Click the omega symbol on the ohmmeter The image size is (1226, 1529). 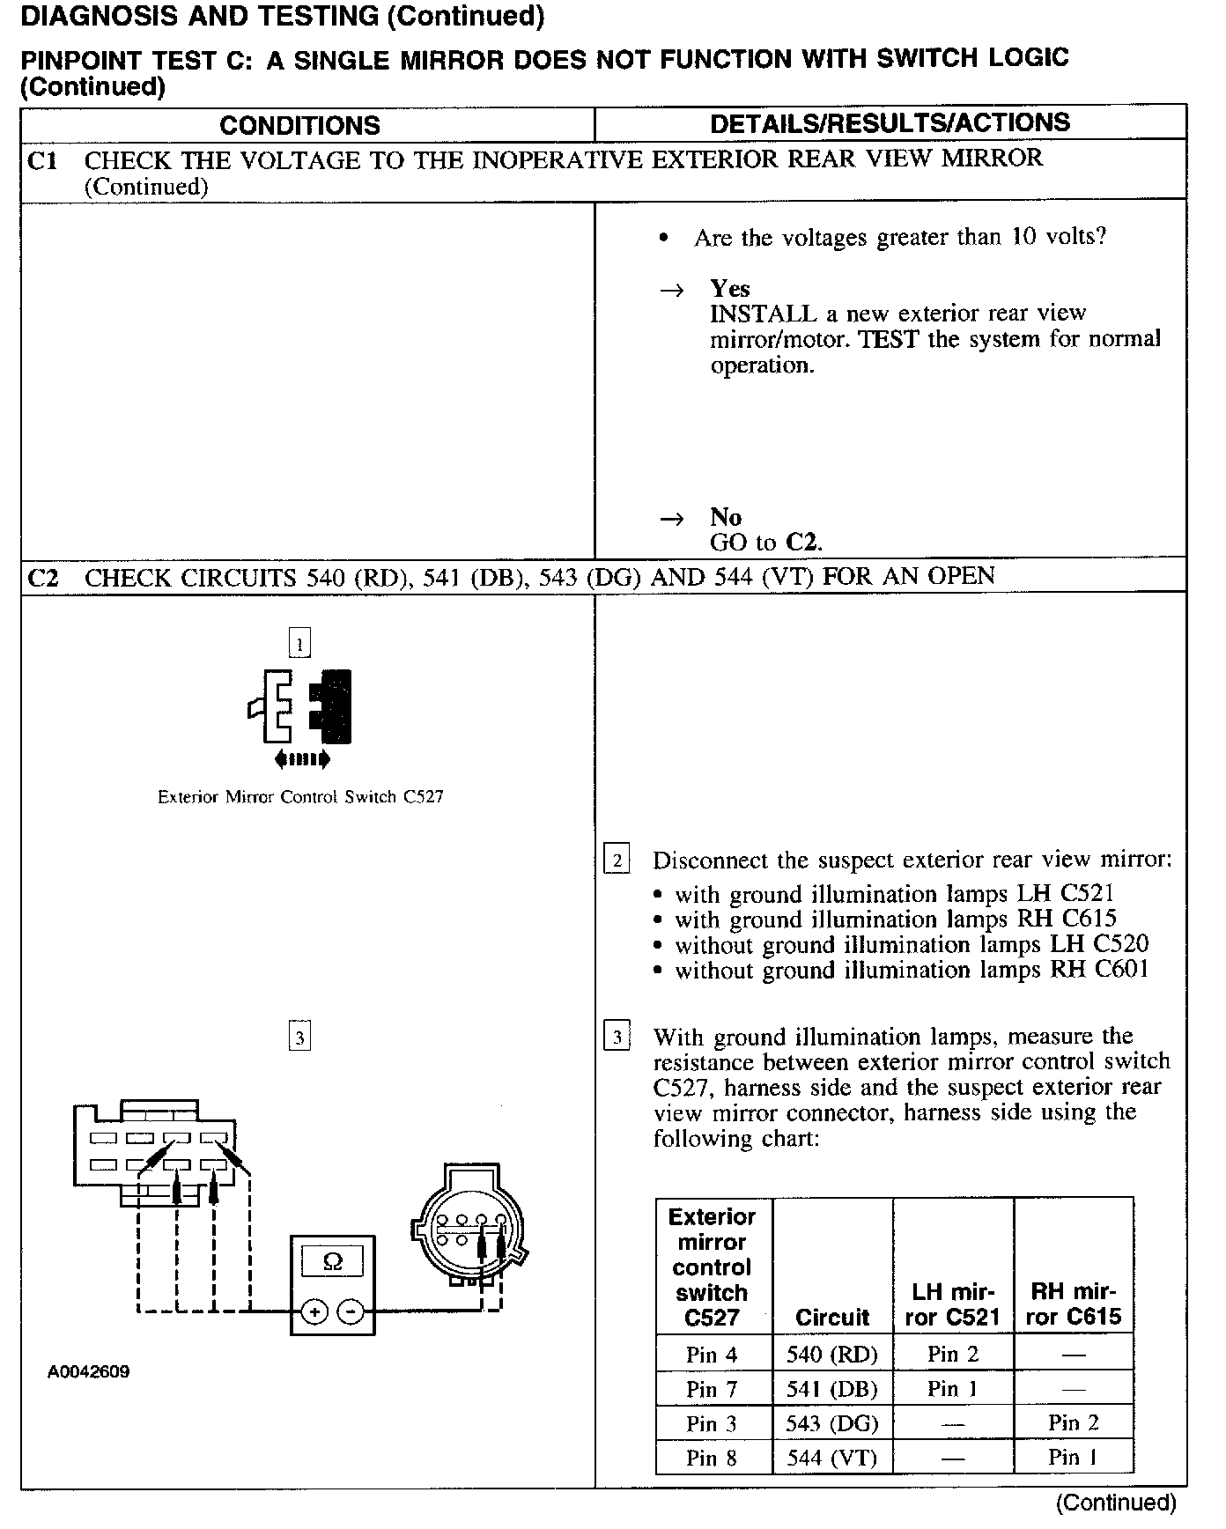[x=333, y=1262]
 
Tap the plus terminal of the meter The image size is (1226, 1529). [x=314, y=1312]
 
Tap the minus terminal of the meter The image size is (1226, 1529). [x=351, y=1312]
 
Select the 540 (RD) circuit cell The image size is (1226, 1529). [x=832, y=1354]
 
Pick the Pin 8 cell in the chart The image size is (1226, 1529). [x=713, y=1458]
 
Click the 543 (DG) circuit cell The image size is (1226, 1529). [x=832, y=1423]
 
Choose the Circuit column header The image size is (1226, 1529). [x=832, y=1317]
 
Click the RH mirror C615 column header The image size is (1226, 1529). [x=1074, y=1304]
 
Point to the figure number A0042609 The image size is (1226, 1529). [x=89, y=1371]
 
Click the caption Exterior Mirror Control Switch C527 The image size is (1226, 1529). [x=300, y=797]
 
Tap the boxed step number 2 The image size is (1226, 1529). [x=617, y=860]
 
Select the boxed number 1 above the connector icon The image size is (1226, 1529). [x=299, y=644]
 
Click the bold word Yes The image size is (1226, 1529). [x=730, y=289]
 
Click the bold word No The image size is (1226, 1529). [x=726, y=517]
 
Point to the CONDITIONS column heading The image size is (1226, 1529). [x=299, y=125]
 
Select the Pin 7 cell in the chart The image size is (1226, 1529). [x=713, y=1389]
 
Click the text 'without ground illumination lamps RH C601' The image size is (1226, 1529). [x=912, y=971]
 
